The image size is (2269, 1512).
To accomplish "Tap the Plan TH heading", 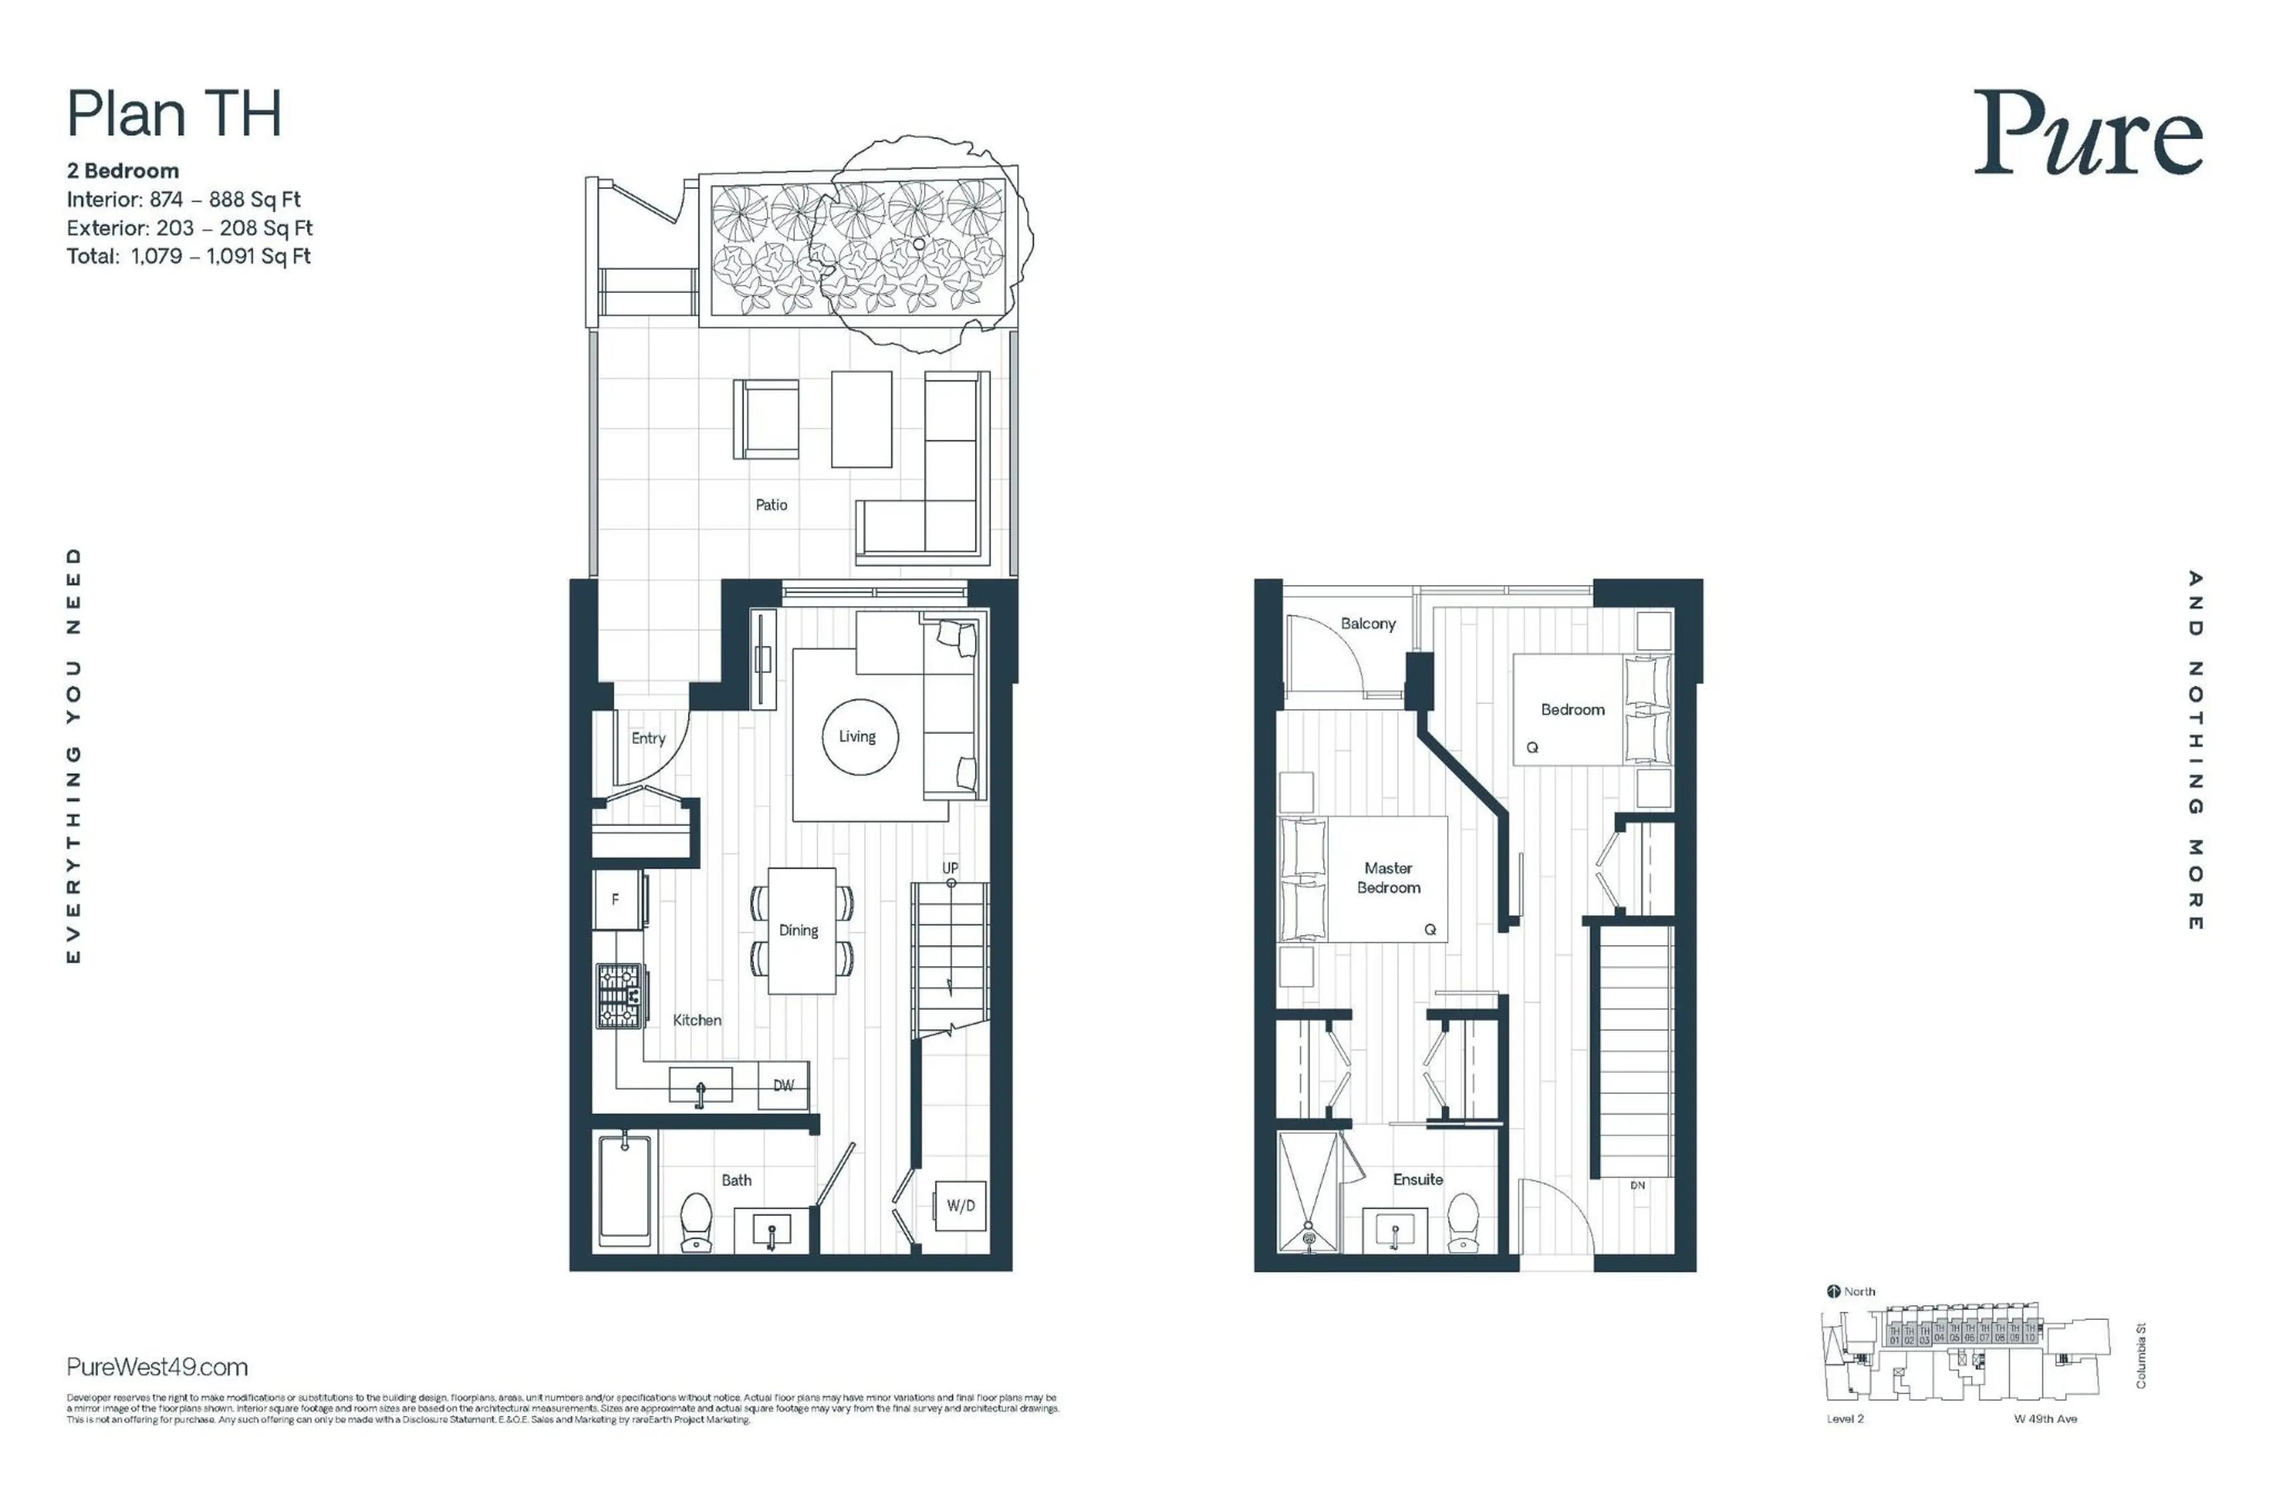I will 174,114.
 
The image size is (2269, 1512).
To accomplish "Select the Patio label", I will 771,505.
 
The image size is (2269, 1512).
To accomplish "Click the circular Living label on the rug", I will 856,737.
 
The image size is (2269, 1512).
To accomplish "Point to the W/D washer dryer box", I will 960,1205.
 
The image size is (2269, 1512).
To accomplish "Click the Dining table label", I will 798,931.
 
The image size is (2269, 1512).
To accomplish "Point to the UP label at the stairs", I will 950,868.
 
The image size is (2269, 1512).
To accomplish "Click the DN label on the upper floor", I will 1636,1185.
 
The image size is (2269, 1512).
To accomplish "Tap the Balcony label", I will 1367,624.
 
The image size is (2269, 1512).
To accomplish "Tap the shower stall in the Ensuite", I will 1308,1193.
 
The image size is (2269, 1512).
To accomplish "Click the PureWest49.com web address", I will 157,1367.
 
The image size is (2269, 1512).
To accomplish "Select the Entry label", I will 648,737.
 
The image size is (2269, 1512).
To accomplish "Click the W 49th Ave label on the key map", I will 2044,1419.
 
